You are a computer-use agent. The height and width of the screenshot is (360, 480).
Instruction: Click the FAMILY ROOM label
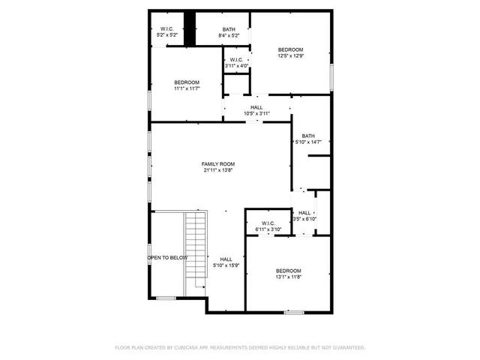218,163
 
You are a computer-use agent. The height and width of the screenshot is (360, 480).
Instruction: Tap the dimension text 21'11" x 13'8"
218,170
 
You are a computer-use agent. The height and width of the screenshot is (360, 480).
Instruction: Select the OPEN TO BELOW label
167,257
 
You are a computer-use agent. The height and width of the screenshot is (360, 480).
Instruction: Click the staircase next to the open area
196,247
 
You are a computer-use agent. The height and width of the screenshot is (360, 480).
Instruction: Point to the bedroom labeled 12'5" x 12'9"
290,52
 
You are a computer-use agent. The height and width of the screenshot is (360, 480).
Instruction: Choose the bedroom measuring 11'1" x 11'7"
187,85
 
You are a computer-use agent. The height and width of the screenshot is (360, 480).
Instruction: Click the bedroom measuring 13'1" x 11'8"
288,274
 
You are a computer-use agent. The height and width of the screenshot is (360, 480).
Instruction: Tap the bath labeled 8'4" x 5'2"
228,32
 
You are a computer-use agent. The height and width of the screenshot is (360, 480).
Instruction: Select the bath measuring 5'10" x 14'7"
308,139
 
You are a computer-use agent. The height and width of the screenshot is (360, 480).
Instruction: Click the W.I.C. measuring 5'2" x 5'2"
166,32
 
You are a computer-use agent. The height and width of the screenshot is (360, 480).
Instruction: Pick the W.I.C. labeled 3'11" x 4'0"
235,62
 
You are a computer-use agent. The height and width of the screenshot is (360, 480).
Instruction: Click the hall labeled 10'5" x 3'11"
256,110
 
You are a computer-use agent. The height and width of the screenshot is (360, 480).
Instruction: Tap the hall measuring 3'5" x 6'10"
305,216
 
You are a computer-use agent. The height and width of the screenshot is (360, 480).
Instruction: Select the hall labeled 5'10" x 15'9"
226,262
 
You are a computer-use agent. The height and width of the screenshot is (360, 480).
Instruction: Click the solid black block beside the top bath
190,29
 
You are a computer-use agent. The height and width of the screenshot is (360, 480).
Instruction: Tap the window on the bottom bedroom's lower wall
294,312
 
